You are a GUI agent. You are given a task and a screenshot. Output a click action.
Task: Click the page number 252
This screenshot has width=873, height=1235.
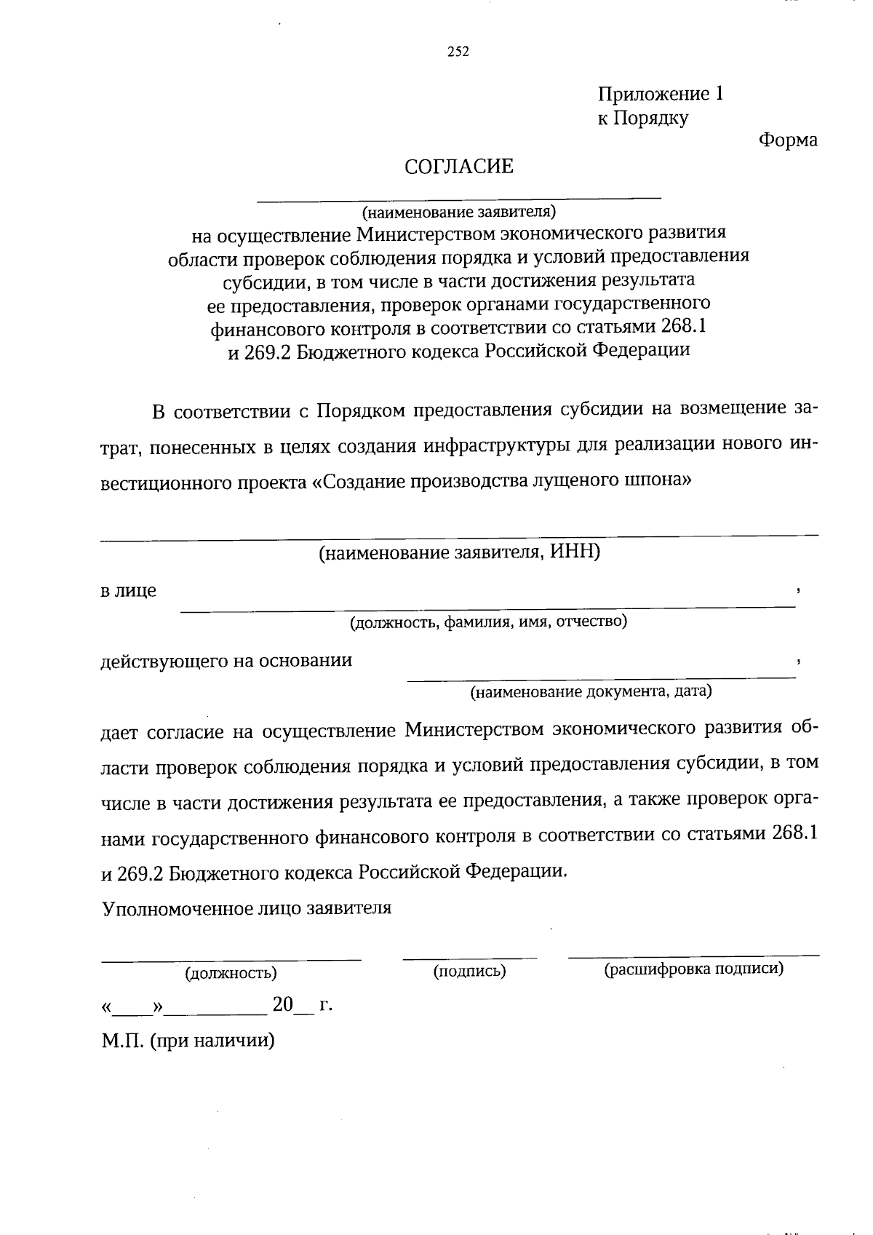click(458, 52)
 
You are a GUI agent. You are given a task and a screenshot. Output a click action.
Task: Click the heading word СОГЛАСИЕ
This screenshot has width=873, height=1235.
click(459, 167)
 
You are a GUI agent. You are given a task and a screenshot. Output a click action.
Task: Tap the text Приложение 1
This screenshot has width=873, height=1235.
click(661, 94)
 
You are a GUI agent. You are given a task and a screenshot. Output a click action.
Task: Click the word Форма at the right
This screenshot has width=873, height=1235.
click(788, 140)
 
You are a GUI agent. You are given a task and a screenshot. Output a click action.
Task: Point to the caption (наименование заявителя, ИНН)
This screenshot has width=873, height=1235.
click(459, 552)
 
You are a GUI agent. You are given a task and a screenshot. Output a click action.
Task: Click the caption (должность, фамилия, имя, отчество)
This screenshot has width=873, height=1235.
click(488, 622)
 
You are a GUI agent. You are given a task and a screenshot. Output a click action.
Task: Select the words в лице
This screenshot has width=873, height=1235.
click(128, 590)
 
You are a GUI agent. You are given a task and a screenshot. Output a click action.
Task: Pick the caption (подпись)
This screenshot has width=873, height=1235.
click(470, 971)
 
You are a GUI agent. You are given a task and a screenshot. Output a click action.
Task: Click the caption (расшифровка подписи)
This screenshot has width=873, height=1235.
click(694, 969)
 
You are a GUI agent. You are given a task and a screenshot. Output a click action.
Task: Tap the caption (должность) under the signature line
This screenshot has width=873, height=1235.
click(231, 973)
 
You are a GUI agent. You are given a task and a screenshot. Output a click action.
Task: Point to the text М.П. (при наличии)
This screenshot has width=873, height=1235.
click(188, 1041)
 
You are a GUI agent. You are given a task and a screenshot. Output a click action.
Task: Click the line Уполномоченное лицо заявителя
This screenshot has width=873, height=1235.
click(247, 908)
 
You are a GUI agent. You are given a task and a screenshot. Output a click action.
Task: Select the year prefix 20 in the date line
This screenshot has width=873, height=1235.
click(282, 1006)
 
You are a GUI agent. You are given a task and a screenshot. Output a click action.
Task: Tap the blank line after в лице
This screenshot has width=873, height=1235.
click(487, 605)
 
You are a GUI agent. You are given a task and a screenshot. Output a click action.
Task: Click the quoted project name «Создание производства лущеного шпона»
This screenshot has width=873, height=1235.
click(501, 481)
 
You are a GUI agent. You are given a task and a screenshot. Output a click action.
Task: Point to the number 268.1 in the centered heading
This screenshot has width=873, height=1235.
click(683, 327)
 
